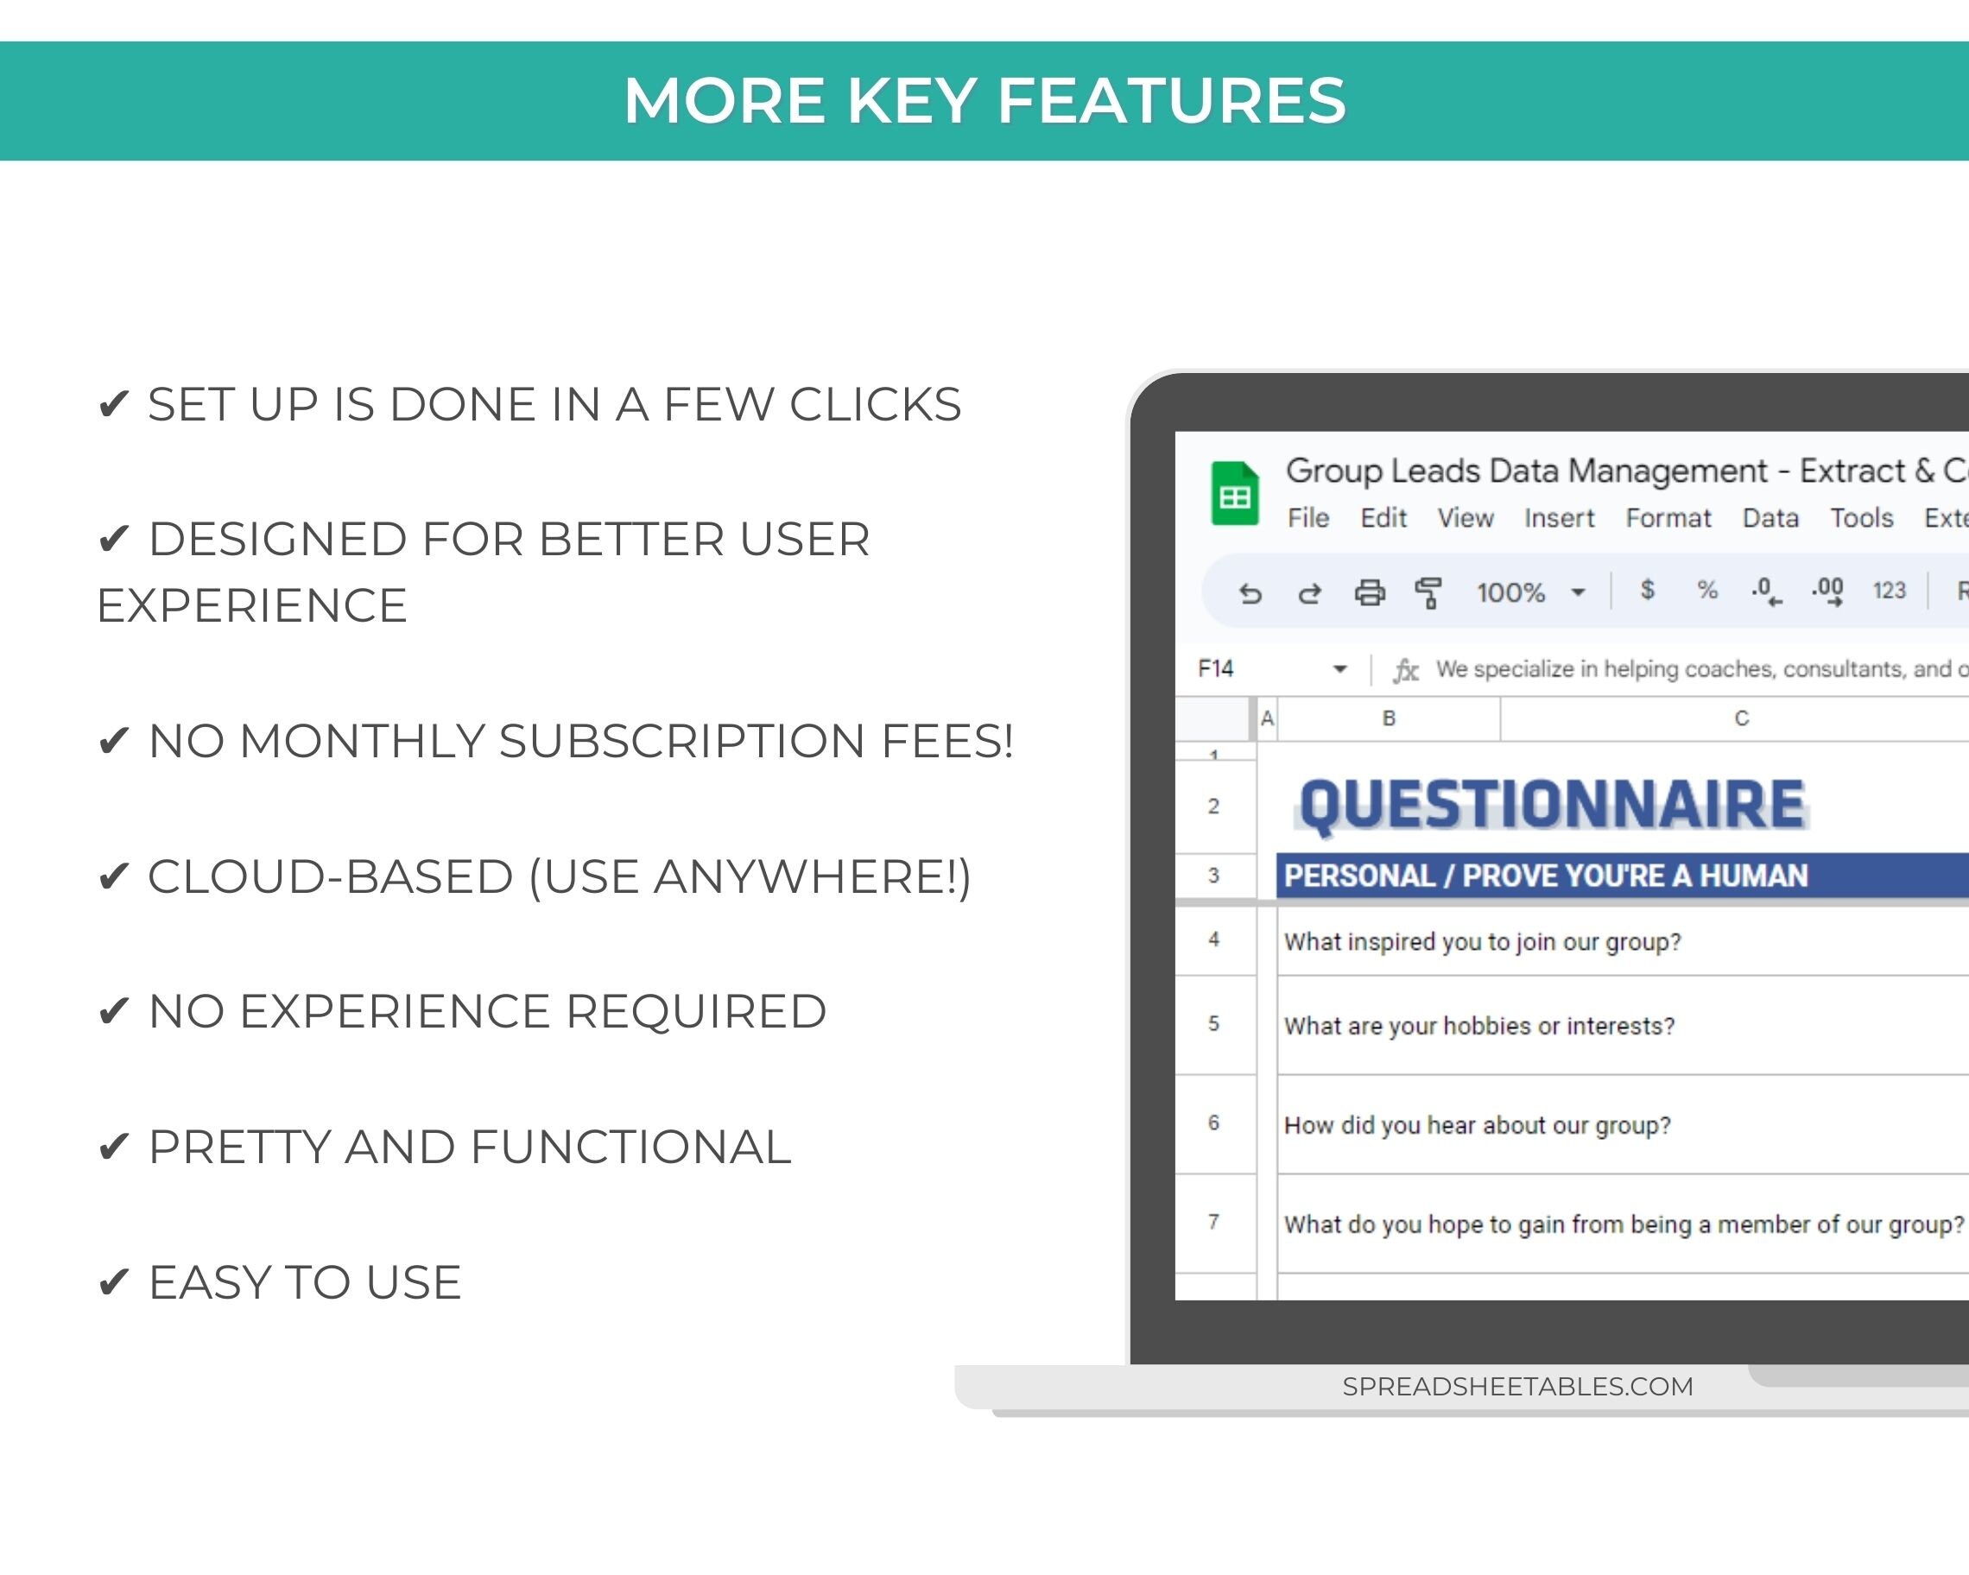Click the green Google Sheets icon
point(1234,493)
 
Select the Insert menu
point(1559,518)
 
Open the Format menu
point(1668,518)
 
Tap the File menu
point(1307,518)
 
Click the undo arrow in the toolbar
point(1250,593)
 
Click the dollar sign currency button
point(1647,590)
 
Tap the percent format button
point(1706,590)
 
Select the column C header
point(1741,718)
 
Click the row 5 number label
point(1213,1023)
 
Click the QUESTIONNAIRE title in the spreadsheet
point(1552,805)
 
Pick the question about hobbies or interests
point(1478,1027)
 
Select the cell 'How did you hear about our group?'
point(1477,1125)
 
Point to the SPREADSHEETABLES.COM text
point(1517,1386)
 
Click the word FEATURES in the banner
point(1171,100)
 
